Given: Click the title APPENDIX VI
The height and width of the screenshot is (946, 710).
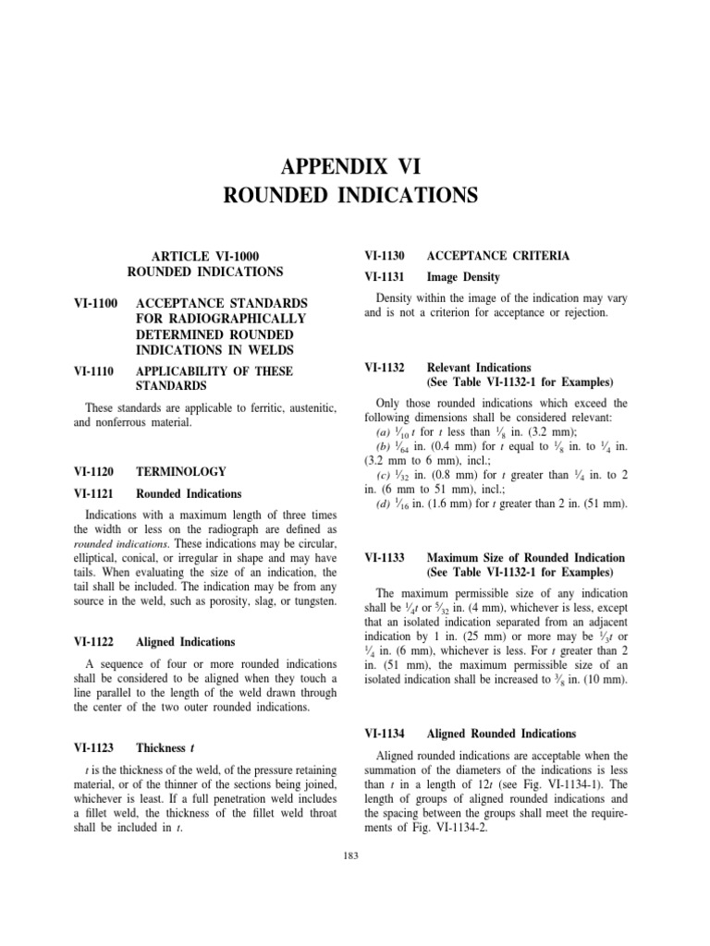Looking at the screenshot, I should tap(355, 167).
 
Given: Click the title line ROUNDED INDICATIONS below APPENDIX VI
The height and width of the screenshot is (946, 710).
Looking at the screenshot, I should tap(355, 195).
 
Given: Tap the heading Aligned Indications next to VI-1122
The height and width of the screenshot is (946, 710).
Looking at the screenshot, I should tap(185, 641).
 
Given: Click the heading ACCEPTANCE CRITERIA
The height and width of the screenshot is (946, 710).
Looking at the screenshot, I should tap(484, 255).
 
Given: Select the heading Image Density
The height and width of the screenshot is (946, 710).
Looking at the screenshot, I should tap(462, 276).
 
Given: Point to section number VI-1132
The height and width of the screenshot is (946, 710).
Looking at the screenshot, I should tap(386, 367).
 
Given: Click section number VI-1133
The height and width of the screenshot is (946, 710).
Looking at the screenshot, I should tap(386, 558).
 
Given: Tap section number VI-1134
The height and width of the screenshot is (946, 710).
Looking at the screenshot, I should tap(386, 734).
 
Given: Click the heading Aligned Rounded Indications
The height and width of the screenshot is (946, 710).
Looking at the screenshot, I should tap(501, 734).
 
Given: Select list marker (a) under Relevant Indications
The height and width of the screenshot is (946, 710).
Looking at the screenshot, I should tap(383, 432).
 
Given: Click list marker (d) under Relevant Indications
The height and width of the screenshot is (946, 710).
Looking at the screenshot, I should tap(383, 503).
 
